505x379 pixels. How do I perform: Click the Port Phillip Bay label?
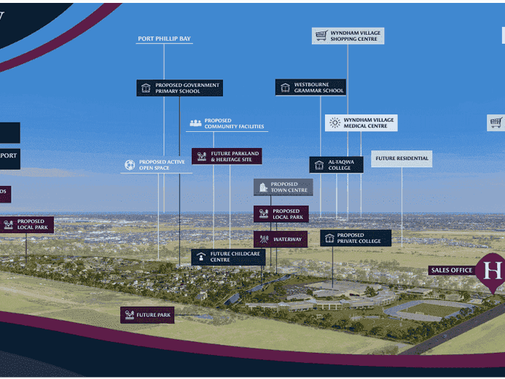tap(164, 39)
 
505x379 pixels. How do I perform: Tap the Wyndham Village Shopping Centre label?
tap(348, 36)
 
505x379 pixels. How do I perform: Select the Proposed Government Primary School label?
tap(179, 88)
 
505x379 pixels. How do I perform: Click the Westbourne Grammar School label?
tap(310, 87)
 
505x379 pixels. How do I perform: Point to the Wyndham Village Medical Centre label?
tap(361, 122)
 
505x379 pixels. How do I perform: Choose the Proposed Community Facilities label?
tap(227, 124)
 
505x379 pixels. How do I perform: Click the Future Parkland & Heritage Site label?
tap(227, 156)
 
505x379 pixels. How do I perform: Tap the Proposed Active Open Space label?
tap(157, 165)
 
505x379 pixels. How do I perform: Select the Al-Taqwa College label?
tap(336, 165)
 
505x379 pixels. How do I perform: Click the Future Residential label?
tap(402, 158)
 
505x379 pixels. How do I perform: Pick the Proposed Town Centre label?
tap(283, 187)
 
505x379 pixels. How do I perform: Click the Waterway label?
tap(281, 239)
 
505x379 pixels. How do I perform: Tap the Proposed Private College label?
tap(356, 238)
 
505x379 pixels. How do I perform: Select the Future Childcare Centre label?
tap(228, 257)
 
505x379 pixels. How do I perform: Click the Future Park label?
tap(147, 315)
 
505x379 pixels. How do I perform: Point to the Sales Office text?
tap(452, 270)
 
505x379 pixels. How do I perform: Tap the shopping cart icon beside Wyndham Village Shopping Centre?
tap(321, 35)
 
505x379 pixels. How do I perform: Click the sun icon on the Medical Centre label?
tap(334, 122)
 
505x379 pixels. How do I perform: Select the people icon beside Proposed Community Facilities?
tap(195, 123)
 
